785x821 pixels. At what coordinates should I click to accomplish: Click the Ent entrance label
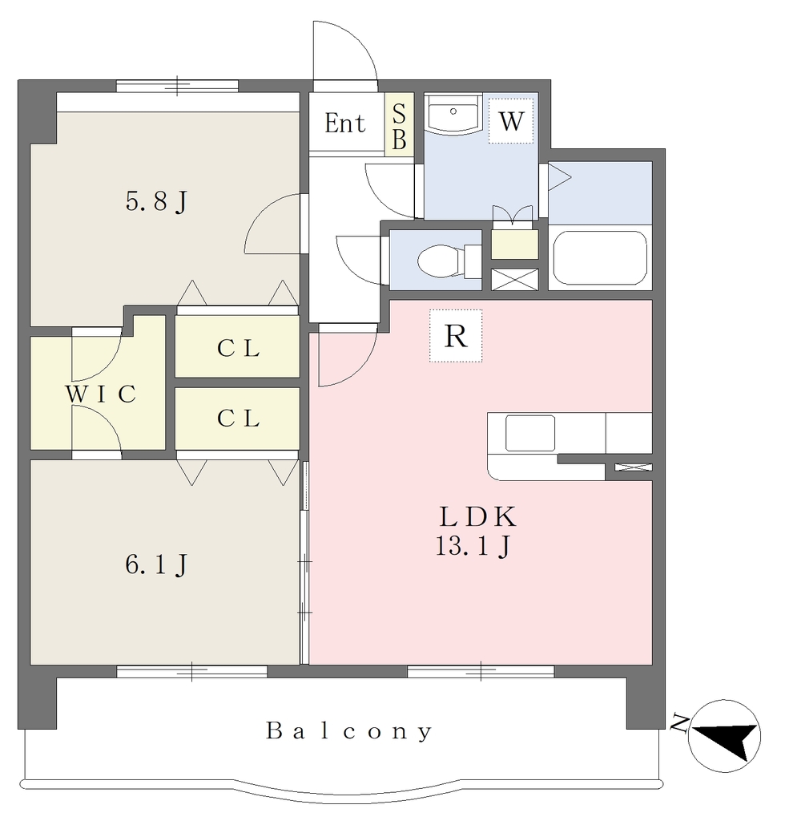click(x=344, y=124)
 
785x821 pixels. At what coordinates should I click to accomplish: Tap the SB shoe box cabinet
click(x=399, y=124)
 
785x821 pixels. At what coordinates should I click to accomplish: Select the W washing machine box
click(x=511, y=122)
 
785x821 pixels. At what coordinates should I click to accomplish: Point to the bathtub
click(x=600, y=257)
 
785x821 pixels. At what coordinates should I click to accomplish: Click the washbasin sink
click(x=453, y=112)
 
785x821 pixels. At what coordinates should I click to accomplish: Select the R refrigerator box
click(x=456, y=336)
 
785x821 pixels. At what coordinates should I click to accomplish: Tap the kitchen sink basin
click(x=529, y=433)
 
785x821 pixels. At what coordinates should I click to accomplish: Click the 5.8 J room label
click(x=156, y=201)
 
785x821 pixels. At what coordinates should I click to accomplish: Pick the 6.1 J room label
click(x=156, y=565)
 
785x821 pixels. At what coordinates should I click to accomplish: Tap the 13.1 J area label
click(x=473, y=547)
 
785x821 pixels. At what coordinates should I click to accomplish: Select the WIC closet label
click(x=100, y=394)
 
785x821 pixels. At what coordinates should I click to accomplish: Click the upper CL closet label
click(x=239, y=348)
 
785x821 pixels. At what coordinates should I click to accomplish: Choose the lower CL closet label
click(x=239, y=419)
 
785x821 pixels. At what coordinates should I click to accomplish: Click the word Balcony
click(x=349, y=730)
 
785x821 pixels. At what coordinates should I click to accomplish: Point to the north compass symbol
click(x=724, y=736)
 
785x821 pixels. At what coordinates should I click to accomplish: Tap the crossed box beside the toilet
click(x=514, y=279)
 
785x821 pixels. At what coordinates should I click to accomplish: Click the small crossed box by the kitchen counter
click(x=634, y=467)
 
